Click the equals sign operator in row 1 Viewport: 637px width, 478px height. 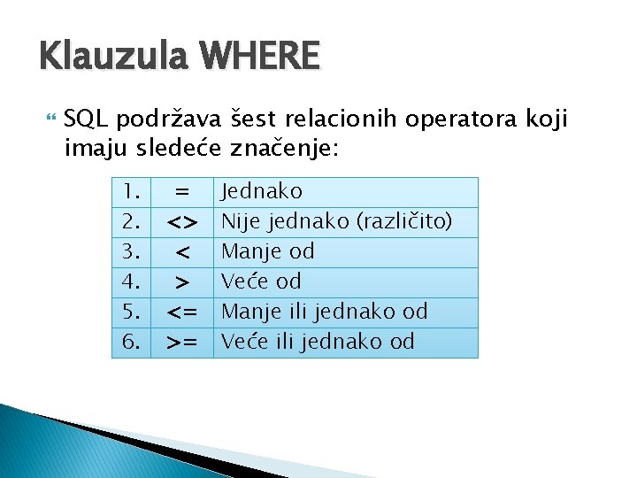(182, 191)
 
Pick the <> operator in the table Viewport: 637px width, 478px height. (182, 221)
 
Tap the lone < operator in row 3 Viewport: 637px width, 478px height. (182, 252)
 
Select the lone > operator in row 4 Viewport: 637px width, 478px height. (182, 282)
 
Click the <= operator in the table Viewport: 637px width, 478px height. (182, 312)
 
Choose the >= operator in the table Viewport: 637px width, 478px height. (182, 343)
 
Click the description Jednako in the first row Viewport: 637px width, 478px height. (262, 191)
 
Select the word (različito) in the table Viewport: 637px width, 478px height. (404, 221)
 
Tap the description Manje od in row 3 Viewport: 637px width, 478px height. (268, 252)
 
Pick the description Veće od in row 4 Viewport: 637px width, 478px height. (261, 282)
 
